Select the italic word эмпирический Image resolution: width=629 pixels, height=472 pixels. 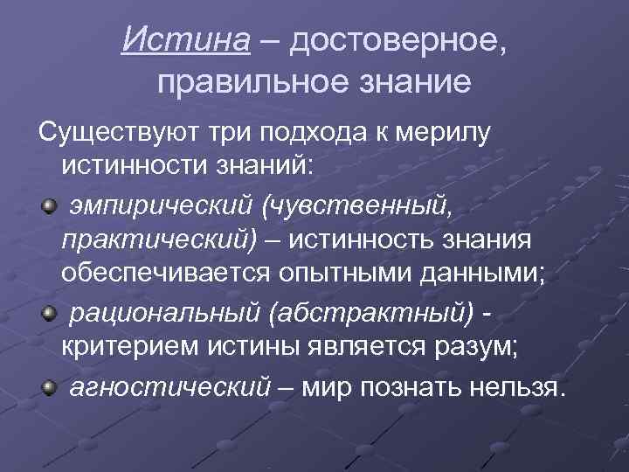coord(161,207)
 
